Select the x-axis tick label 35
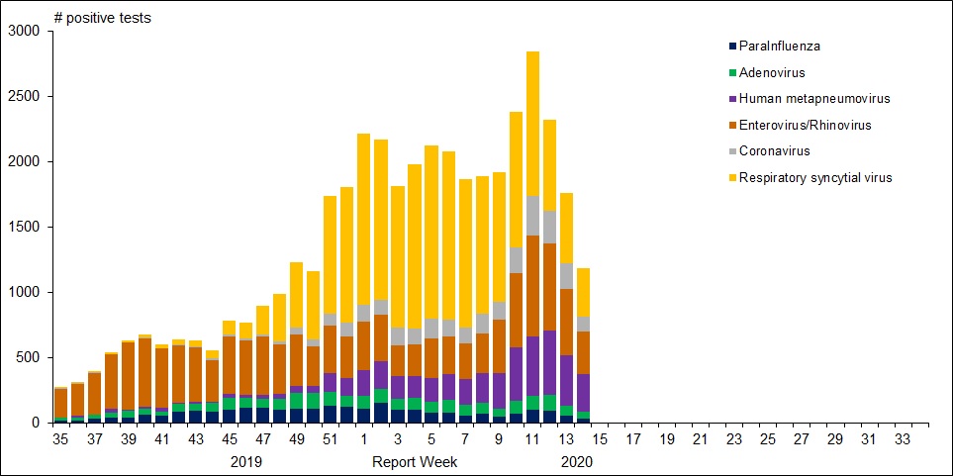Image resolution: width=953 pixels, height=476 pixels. (61, 438)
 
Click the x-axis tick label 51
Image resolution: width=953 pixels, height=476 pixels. (331, 438)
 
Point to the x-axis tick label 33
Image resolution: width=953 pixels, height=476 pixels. (903, 438)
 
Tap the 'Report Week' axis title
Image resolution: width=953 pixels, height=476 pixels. (407, 461)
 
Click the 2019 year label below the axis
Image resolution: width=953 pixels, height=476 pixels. (246, 461)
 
